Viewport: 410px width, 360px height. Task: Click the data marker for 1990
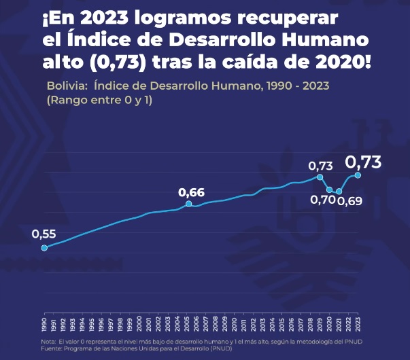44,248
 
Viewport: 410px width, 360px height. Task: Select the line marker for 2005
188,204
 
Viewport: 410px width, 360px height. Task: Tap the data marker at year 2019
320,177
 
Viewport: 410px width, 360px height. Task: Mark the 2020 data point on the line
330,190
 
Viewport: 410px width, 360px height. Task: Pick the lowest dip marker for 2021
339,192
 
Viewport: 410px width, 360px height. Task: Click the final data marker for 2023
358,175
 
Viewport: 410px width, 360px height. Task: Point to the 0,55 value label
44,234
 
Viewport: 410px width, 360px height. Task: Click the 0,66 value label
191,192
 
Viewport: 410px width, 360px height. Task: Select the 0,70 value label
322,200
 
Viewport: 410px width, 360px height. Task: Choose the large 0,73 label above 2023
363,162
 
